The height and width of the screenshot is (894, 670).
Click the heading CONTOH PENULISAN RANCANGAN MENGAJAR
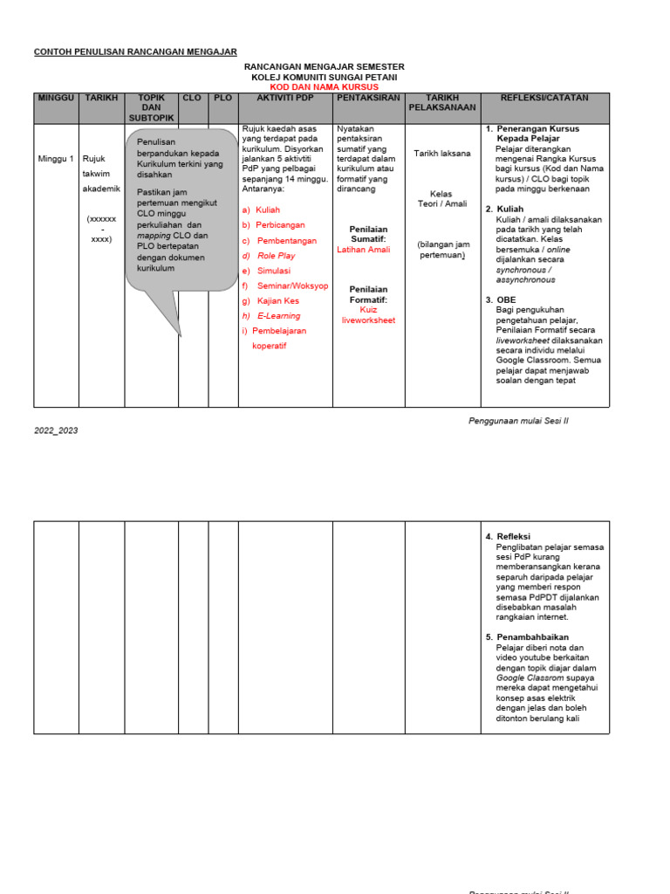tap(135, 52)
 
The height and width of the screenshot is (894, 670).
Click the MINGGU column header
tap(56, 98)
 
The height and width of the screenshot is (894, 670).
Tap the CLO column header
tap(193, 98)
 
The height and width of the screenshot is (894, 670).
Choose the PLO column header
tap(223, 98)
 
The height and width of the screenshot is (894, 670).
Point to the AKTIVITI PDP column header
tap(285, 98)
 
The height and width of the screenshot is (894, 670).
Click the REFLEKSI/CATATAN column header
tap(545, 98)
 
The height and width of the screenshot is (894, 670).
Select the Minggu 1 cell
tap(56, 159)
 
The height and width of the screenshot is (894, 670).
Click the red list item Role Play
tap(276, 256)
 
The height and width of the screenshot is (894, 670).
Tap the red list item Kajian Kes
tap(277, 301)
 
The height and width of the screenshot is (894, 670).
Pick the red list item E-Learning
tap(278, 316)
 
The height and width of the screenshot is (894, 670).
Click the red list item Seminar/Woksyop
tap(292, 285)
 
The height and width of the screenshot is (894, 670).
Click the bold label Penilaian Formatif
tap(368, 294)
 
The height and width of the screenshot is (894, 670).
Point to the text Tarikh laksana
tap(441, 154)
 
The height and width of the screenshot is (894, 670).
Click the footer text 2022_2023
tap(56, 430)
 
